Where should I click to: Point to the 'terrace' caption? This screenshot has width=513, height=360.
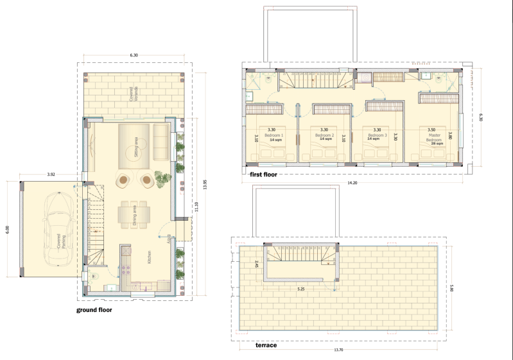(x=266, y=345)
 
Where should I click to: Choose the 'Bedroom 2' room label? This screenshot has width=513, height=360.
(x=324, y=135)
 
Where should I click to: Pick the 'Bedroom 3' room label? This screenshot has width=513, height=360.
(x=377, y=135)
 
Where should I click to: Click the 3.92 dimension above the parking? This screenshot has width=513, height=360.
(x=51, y=174)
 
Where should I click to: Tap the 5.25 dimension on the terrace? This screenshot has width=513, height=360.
(x=300, y=289)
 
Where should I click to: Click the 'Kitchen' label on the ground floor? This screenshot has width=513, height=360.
(x=150, y=258)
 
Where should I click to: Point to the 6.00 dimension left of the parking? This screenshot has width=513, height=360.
(x=7, y=228)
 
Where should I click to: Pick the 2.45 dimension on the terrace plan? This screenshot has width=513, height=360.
(x=256, y=264)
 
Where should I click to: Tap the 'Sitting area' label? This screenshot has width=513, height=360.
(x=136, y=146)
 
